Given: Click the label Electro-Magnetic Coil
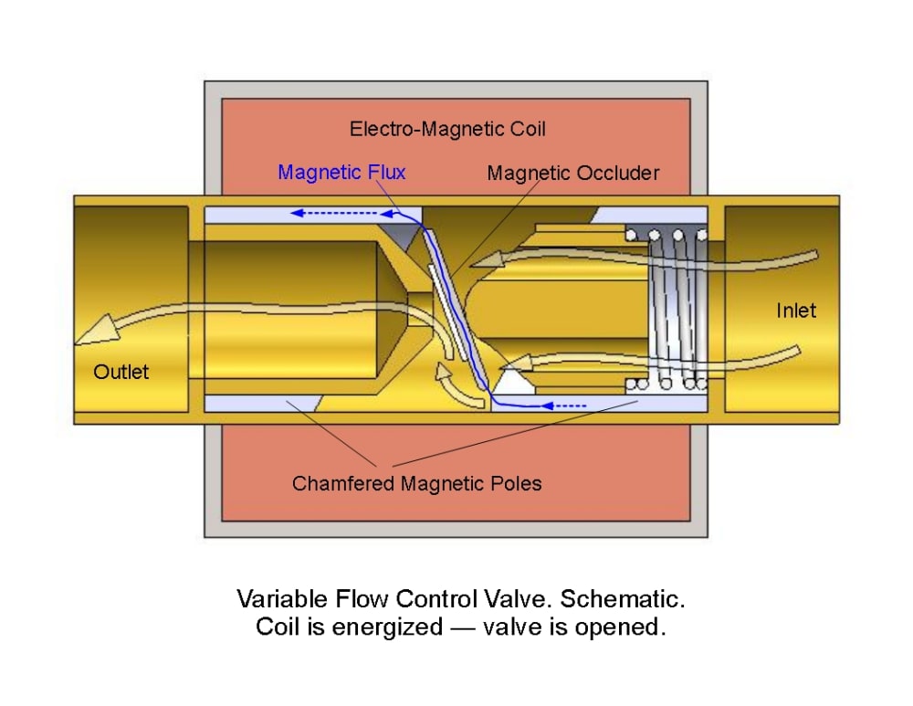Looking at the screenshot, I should pos(447,129).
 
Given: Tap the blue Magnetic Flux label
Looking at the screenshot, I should pos(341,172).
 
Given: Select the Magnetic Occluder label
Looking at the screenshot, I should pos(572,173).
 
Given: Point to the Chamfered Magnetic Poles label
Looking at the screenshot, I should pos(416,483).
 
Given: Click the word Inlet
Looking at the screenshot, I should pos(796,311).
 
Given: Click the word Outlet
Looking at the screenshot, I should pos(121,372).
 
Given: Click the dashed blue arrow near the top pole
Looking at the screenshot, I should pos(333,215).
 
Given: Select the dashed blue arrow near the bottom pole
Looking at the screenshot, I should pos(566,404).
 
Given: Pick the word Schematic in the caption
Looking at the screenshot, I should pos(622,599).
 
